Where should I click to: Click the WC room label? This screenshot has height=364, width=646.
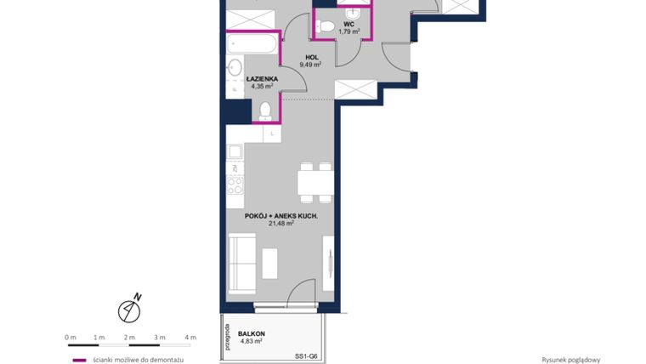pos(349,24)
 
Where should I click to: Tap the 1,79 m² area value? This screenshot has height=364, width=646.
pos(349,32)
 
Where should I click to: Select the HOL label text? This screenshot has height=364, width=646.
pos(312,56)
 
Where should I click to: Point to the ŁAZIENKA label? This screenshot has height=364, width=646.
pos(262,78)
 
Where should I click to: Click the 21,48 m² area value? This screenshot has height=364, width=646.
pos(281,224)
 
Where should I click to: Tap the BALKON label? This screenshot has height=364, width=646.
pos(252,333)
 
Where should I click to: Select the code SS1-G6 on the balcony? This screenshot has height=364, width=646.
pos(306,355)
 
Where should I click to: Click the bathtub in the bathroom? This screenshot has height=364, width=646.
pos(252,44)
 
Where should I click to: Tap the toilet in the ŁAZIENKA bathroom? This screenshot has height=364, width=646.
pos(265,109)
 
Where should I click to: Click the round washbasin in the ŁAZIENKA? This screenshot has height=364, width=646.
pos(235,68)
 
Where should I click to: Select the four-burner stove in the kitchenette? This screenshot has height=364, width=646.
pos(235,184)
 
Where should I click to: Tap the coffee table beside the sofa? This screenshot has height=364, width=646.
pos(271,262)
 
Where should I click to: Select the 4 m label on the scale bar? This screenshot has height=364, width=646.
pos(190,337)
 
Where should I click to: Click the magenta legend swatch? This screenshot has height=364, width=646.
pos(79,359)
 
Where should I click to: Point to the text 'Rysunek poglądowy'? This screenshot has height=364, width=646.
pos(571,359)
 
